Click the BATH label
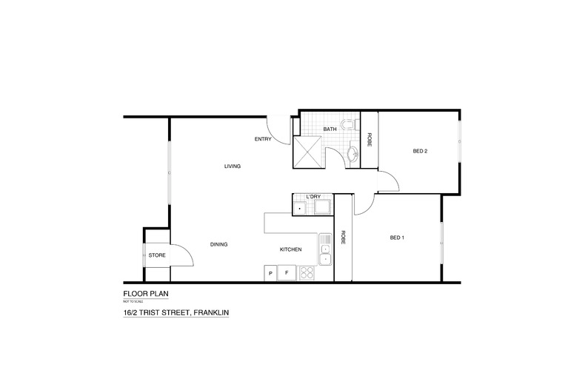tap(330, 130)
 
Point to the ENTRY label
tap(263, 138)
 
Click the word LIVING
tap(233, 166)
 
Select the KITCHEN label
tap(290, 249)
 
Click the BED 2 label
tap(421, 152)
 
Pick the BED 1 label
tap(398, 238)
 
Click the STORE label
tap(157, 255)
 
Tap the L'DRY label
tap(311, 196)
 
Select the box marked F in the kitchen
tap(285, 274)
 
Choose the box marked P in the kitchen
tap(270, 274)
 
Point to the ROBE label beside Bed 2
tap(370, 138)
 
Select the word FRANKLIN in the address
tap(210, 312)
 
